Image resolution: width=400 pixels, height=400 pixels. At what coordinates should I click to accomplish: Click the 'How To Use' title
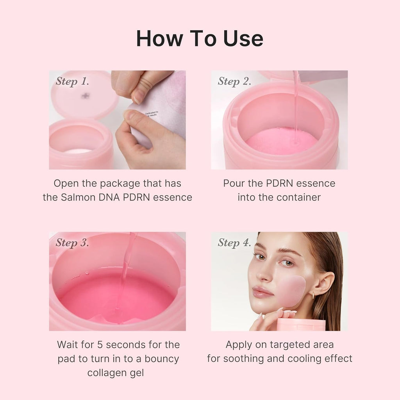tap(200, 38)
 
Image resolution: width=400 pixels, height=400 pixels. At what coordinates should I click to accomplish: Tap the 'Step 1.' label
tap(72, 81)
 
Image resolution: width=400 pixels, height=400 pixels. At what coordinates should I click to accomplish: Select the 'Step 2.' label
tap(234, 81)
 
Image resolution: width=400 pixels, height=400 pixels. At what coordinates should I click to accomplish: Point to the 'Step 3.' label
tap(72, 243)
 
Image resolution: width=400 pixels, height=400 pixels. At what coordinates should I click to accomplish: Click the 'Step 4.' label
tap(234, 243)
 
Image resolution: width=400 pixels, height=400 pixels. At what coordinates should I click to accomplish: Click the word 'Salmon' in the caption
tap(75, 197)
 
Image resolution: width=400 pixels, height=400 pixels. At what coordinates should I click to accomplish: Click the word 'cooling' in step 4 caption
tap(308, 358)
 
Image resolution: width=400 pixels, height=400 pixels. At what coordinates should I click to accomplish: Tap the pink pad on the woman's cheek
tap(291, 291)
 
